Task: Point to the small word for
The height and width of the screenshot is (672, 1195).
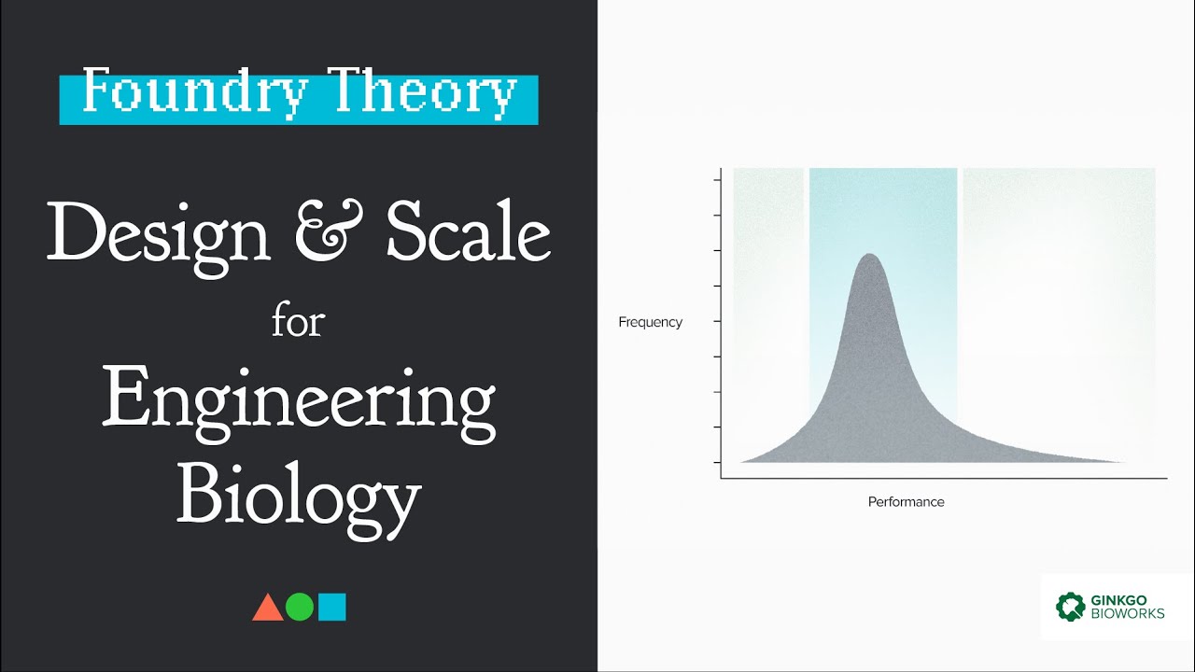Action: pos(298,322)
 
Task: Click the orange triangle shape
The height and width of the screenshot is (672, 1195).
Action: pos(268,609)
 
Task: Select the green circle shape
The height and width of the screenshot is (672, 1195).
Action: pos(300,608)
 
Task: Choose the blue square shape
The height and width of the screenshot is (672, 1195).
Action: pos(332,608)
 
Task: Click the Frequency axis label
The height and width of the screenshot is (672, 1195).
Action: pos(651,322)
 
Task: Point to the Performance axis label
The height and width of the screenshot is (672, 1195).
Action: pos(906,502)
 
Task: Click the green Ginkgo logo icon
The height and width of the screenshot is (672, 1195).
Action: pos(1071,607)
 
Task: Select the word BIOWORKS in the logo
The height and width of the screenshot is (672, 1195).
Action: pos(1127,614)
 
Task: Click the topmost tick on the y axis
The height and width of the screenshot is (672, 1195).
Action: pos(718,179)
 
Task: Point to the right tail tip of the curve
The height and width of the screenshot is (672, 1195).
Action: pos(1123,461)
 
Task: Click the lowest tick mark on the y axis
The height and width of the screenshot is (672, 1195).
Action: pos(718,462)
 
